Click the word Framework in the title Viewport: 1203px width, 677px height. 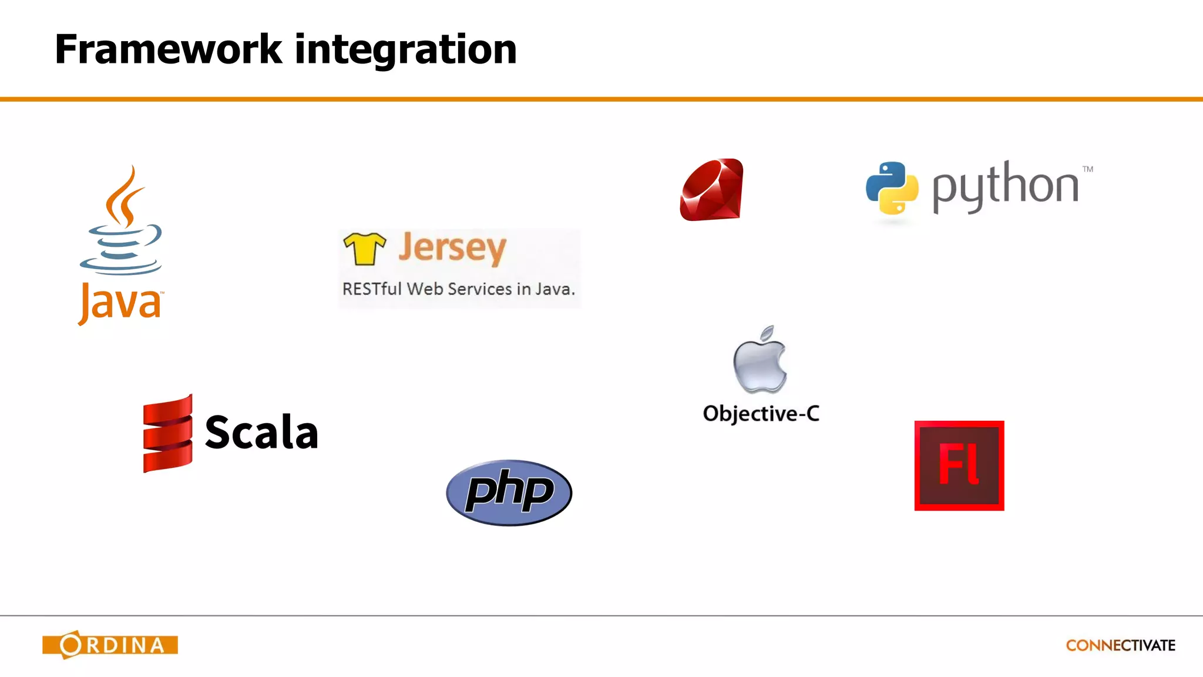(x=168, y=49)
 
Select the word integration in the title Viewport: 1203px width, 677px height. (x=405, y=49)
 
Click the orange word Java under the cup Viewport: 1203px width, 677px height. (x=120, y=303)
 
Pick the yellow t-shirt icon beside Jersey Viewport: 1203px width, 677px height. (x=364, y=248)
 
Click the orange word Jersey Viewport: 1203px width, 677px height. (x=452, y=248)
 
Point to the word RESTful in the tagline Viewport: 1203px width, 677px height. (x=372, y=289)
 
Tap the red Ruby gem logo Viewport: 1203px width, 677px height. (x=711, y=190)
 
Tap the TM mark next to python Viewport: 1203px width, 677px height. (x=1088, y=169)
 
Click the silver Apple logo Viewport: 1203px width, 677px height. (x=760, y=360)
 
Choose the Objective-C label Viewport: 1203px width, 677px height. (x=761, y=414)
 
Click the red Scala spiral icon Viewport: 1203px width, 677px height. (x=167, y=433)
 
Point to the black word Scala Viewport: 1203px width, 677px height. (x=261, y=433)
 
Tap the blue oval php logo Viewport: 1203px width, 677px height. (x=509, y=492)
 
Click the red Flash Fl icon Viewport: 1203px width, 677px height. (x=959, y=465)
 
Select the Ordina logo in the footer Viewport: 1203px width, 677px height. (x=110, y=645)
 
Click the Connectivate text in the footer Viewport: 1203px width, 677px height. (x=1120, y=645)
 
